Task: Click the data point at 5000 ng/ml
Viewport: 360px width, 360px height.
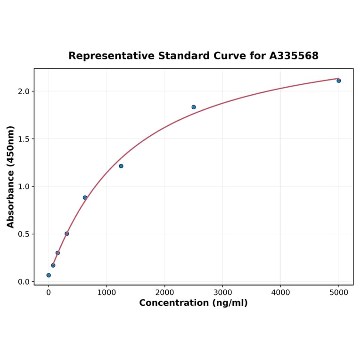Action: tap(339, 81)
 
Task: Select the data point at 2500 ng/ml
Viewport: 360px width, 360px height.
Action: tap(194, 107)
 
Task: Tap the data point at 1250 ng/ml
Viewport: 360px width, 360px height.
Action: tap(121, 166)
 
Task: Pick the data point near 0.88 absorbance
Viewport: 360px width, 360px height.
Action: tap(85, 197)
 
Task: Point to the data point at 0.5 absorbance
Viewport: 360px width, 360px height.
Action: tap(67, 234)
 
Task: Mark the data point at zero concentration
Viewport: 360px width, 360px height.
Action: tap(49, 275)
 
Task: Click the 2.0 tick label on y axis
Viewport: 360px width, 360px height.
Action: tap(23, 91)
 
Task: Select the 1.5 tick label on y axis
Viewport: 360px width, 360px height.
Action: tap(23, 139)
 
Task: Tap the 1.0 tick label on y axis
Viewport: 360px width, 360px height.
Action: tap(23, 187)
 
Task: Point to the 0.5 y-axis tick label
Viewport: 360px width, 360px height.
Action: tap(23, 234)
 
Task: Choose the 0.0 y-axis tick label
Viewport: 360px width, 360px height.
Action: tap(23, 282)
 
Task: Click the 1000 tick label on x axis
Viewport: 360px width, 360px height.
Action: tap(106, 293)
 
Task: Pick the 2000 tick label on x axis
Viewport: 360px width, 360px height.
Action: tap(164, 293)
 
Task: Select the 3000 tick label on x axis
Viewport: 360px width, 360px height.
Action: tap(223, 293)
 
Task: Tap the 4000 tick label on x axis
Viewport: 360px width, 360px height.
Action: tap(281, 293)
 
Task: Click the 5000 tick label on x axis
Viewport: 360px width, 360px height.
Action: tap(339, 293)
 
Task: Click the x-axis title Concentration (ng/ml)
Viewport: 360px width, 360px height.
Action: tap(193, 303)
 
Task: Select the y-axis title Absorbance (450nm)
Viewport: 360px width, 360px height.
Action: tap(11, 177)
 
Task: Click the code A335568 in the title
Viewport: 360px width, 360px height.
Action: tap(294, 56)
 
